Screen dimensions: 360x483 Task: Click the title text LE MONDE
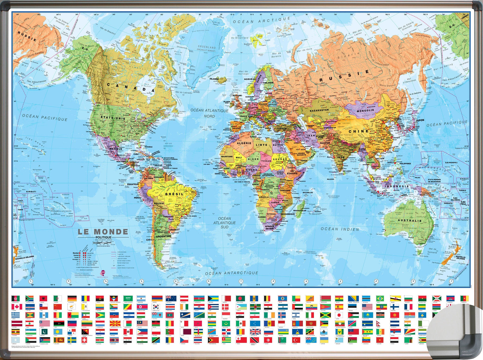[103, 232]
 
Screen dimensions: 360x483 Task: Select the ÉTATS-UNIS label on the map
[113, 118]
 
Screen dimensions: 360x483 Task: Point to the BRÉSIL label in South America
[174, 194]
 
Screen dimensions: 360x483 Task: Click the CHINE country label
[358, 131]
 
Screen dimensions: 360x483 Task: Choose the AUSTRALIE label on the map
[409, 221]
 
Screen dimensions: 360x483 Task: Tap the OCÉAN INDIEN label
[340, 229]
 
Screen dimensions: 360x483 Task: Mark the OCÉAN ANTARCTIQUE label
[232, 273]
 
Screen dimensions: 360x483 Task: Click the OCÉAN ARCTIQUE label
[261, 20]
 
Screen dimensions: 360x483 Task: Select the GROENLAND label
[207, 47]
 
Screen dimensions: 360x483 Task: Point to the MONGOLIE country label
[365, 111]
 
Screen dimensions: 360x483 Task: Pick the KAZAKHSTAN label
[319, 110]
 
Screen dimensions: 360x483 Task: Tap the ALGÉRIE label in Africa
[244, 143]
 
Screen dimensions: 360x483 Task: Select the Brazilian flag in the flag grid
[380, 298]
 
